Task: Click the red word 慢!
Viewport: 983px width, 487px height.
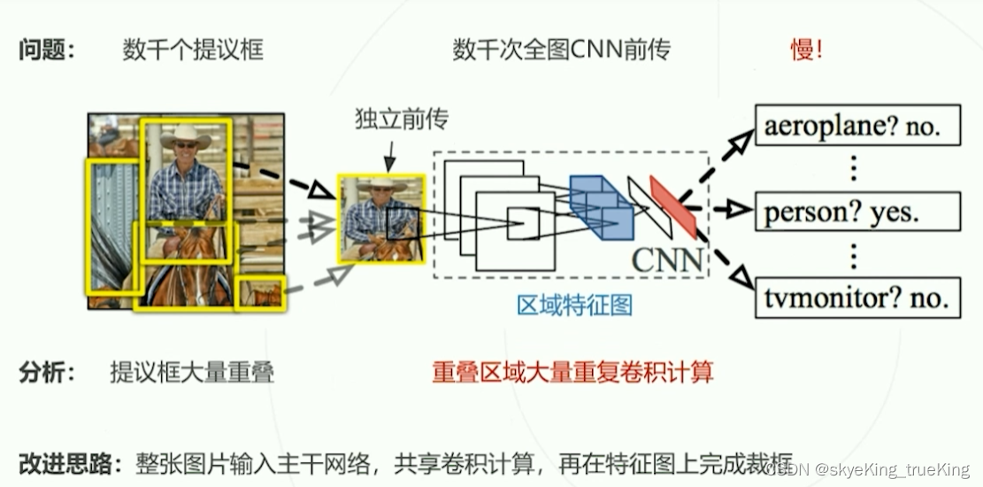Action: pos(806,50)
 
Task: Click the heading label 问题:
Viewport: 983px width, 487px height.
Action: pos(47,50)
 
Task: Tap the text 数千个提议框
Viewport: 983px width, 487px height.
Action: pos(193,50)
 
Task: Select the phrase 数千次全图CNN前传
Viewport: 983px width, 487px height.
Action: pos(561,50)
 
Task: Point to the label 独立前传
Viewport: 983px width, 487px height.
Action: pos(390,119)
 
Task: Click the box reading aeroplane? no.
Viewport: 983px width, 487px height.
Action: pos(856,128)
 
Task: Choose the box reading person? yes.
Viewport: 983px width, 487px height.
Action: pos(856,212)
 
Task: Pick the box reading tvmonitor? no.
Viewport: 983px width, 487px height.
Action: pos(856,297)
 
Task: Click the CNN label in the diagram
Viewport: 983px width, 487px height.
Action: pos(668,260)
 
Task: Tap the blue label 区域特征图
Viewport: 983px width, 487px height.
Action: pos(575,305)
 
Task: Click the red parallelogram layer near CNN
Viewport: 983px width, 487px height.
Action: pos(673,206)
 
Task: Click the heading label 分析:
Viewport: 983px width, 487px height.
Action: pos(47,373)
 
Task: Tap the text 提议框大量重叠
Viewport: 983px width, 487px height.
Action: pos(192,373)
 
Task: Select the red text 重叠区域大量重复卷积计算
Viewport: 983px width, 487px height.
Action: pos(572,373)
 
